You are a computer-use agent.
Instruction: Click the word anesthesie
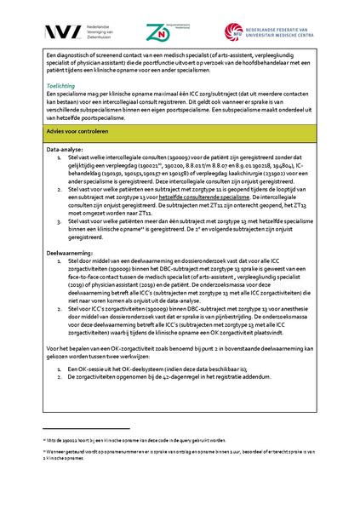pyautogui.click(x=294, y=306)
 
